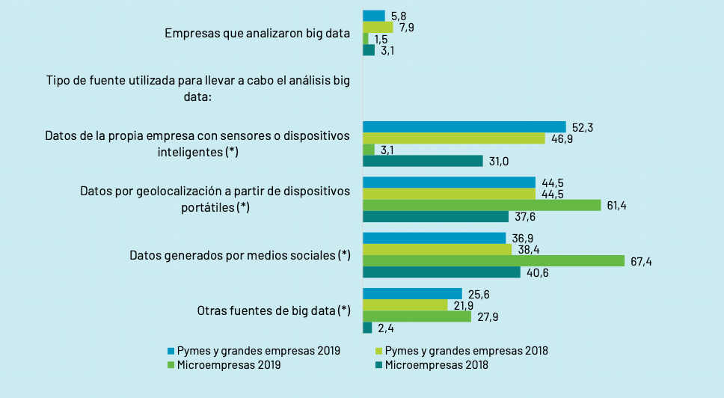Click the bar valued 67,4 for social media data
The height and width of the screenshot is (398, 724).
point(494,260)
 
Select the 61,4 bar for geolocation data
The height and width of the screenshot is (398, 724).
point(482,205)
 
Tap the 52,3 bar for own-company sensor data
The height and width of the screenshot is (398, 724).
point(464,127)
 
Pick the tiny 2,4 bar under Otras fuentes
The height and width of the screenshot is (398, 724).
point(367,328)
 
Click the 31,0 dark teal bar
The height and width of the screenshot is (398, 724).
point(423,161)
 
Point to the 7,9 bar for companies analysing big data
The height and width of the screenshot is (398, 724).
point(378,28)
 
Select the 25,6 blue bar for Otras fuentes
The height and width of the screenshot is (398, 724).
point(412,293)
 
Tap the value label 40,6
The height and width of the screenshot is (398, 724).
point(536,273)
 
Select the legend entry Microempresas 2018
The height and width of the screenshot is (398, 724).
point(436,365)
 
